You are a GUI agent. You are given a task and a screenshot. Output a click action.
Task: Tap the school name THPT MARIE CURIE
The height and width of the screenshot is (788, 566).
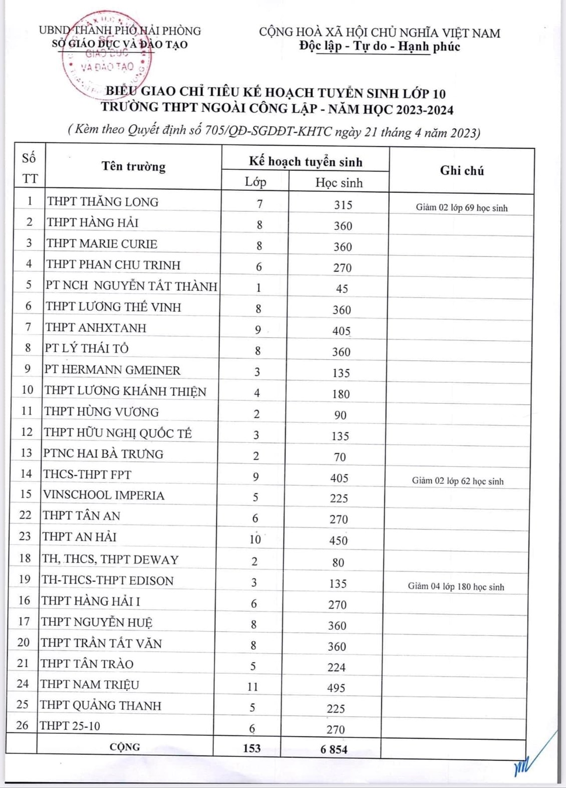102,244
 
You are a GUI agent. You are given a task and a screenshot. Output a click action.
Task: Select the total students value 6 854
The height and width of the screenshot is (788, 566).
334,749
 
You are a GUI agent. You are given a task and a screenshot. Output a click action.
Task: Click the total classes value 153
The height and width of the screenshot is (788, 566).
252,748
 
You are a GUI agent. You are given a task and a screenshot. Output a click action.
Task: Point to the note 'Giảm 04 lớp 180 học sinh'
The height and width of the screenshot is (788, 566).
456,587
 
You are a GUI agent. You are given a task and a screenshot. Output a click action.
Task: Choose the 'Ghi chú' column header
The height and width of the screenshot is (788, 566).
462,171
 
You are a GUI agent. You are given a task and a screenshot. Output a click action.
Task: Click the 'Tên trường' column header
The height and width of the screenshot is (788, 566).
133,166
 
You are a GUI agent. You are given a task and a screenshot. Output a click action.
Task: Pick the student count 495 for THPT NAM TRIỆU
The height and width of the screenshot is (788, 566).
336,688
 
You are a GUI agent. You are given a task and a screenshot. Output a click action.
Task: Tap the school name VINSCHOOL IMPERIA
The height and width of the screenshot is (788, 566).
104,495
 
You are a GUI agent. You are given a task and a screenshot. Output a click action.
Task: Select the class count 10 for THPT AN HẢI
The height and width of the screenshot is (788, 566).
255,539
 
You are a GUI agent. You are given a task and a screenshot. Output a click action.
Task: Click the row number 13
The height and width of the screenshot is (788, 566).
26,453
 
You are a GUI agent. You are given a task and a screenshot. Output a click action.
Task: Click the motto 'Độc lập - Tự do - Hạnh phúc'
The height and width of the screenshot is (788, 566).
379,47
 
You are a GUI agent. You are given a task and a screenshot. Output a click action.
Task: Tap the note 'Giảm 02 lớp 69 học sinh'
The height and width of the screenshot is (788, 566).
461,208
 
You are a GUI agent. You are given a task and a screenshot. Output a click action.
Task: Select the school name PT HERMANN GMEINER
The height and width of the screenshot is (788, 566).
112,370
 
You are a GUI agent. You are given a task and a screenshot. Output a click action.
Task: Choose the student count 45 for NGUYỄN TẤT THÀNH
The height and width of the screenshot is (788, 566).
342,289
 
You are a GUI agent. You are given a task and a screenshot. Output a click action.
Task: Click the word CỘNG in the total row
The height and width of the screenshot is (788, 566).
125,747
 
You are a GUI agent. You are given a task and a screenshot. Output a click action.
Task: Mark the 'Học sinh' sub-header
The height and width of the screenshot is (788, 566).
339,183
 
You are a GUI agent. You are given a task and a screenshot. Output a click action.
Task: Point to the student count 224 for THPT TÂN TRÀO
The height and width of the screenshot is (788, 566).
337,667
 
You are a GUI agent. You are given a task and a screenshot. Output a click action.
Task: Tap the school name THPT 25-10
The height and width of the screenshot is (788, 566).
70,725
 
